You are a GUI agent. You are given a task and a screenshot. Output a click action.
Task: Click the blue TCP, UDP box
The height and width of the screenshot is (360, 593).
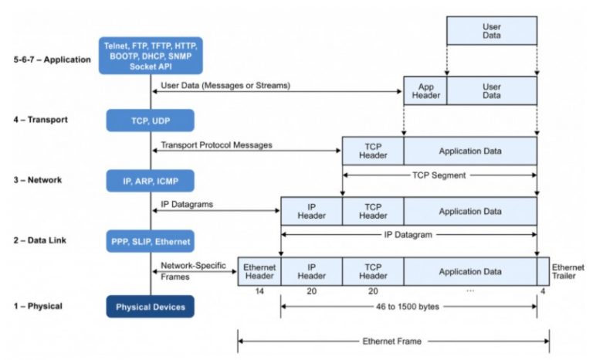(x=151, y=121)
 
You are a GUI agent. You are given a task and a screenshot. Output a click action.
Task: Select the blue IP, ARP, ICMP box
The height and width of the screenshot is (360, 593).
(x=151, y=180)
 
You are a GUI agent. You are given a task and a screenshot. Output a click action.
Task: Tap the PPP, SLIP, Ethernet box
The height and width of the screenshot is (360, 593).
(x=151, y=241)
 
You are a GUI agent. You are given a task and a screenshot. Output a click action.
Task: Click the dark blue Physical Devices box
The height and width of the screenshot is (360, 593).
(x=151, y=307)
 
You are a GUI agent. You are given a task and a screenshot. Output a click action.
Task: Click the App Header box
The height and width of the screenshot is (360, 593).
(x=425, y=90)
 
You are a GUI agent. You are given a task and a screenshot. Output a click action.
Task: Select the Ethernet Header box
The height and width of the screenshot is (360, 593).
(x=259, y=271)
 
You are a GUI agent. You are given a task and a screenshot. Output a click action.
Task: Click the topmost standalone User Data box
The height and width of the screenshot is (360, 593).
(x=491, y=30)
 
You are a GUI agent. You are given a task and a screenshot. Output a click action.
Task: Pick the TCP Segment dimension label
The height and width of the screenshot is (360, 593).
(x=438, y=175)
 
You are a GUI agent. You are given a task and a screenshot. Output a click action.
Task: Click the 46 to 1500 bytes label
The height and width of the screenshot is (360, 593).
(x=408, y=307)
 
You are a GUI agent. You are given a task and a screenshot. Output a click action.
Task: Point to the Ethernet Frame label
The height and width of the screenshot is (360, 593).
(x=392, y=340)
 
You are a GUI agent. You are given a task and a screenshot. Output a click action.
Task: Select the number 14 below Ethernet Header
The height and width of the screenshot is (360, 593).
(x=259, y=292)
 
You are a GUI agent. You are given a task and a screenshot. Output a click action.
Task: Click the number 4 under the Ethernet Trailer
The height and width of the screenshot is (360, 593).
(x=543, y=292)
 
